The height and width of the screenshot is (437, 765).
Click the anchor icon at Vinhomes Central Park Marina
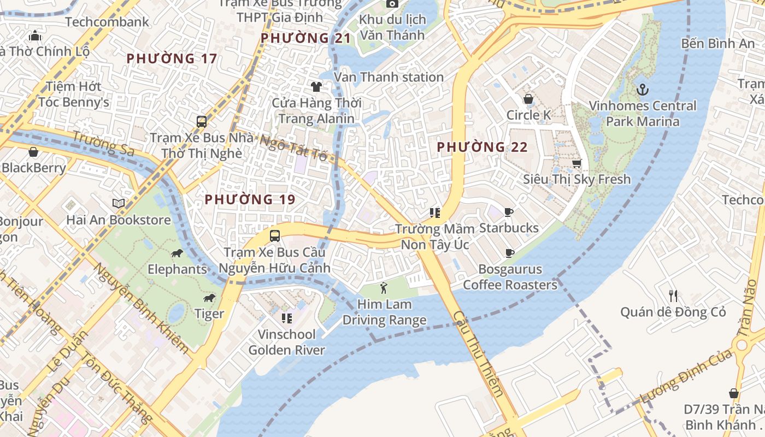[643, 89]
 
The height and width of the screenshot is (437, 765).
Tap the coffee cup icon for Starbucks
[509, 212]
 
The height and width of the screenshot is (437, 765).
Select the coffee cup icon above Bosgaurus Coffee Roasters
[509, 253]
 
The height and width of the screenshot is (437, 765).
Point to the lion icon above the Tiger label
[209, 298]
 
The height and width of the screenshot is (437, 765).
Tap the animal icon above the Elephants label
[177, 253]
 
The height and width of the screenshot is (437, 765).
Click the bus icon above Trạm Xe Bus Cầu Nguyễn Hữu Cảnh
[274, 236]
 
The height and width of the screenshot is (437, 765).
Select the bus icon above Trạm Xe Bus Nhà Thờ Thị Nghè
[202, 121]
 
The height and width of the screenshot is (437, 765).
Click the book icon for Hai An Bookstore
[119, 203]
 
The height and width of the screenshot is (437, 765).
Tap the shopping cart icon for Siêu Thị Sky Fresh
[576, 163]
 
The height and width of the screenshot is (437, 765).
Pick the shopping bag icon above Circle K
[528, 99]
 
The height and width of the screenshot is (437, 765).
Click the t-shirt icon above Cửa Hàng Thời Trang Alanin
[316, 86]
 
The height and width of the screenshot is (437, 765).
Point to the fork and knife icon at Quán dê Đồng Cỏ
[673, 296]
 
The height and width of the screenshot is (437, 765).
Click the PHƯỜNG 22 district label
[482, 147]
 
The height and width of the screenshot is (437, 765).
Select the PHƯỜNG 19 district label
[250, 200]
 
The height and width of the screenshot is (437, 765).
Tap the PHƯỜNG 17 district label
[172, 58]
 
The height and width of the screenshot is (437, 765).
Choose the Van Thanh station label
[389, 77]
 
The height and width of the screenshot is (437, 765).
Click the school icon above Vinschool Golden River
[286, 318]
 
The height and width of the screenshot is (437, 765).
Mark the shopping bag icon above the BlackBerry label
[33, 151]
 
